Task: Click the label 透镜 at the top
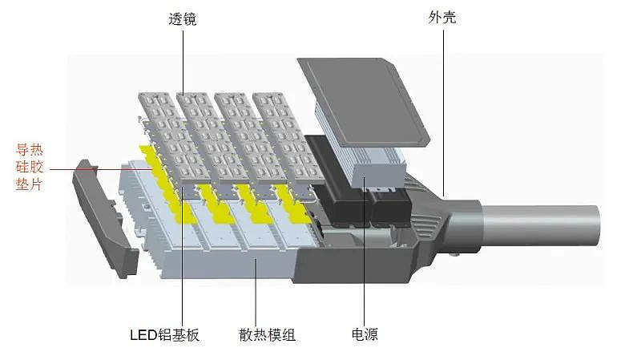(x=183, y=18)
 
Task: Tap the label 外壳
(x=442, y=18)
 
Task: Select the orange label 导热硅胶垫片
(x=30, y=167)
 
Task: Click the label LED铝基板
(x=164, y=334)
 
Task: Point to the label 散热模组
(x=267, y=334)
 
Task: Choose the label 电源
(x=365, y=334)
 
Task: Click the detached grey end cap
(x=105, y=219)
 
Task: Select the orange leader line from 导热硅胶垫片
(x=100, y=169)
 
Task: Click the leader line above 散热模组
(x=256, y=291)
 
